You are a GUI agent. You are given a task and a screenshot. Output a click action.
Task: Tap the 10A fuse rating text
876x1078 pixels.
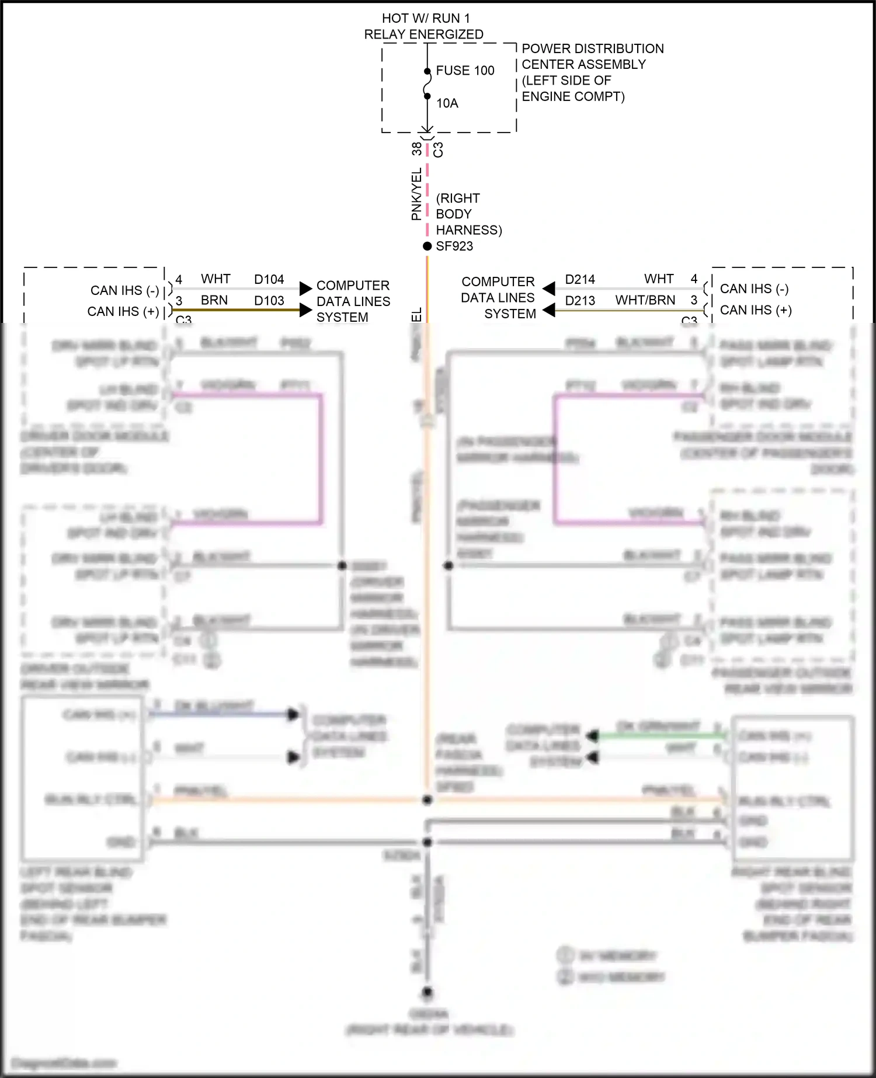447,103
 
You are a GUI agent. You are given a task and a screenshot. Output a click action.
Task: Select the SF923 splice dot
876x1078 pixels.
427,246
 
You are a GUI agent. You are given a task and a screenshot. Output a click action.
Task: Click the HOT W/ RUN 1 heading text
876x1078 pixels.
425,19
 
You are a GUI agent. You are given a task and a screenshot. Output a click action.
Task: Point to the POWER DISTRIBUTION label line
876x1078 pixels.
592,48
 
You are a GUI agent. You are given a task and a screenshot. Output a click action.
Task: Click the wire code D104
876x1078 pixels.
269,280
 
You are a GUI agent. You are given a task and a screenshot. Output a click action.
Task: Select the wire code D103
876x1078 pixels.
269,301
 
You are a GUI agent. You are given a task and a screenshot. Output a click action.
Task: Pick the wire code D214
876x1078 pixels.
579,280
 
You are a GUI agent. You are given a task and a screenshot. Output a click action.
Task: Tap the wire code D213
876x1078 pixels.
579,301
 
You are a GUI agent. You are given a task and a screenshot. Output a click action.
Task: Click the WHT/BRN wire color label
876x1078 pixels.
645,300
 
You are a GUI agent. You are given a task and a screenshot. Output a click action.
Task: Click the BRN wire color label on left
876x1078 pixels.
214,300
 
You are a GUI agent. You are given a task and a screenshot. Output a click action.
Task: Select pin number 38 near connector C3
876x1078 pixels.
416,149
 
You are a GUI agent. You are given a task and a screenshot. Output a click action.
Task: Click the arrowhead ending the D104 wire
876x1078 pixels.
305,288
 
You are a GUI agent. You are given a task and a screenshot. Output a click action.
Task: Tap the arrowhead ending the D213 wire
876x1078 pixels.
549,310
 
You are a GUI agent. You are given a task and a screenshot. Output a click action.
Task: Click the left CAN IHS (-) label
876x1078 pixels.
124,290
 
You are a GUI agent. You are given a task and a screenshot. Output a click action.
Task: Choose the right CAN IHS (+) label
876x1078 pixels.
755,310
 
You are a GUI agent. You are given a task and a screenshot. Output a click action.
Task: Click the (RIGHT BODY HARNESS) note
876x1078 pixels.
468,214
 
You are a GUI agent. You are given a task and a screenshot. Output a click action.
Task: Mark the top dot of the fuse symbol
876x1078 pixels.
427,71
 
